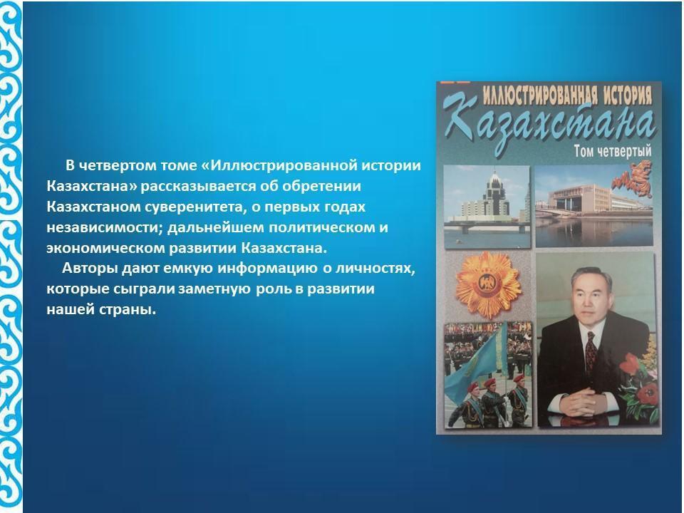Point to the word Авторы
click(90, 268)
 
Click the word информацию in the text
click(267, 268)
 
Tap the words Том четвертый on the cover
click(612, 151)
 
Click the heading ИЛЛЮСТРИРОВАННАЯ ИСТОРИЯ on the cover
click(566, 95)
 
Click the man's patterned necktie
click(591, 349)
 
